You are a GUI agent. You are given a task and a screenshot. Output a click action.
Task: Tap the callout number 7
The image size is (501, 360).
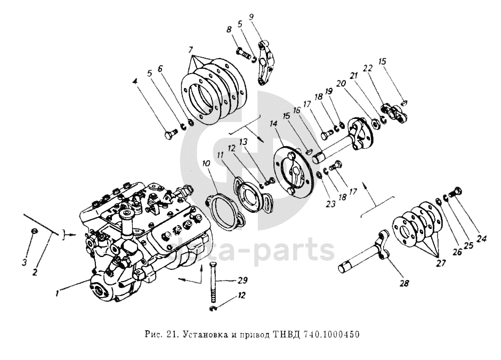click(191, 50)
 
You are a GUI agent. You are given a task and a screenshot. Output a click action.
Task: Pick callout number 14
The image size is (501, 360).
click(273, 123)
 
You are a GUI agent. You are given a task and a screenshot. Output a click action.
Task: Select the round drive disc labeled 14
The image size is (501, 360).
click(292, 172)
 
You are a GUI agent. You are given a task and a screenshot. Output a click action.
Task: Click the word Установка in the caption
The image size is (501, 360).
click(202, 335)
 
